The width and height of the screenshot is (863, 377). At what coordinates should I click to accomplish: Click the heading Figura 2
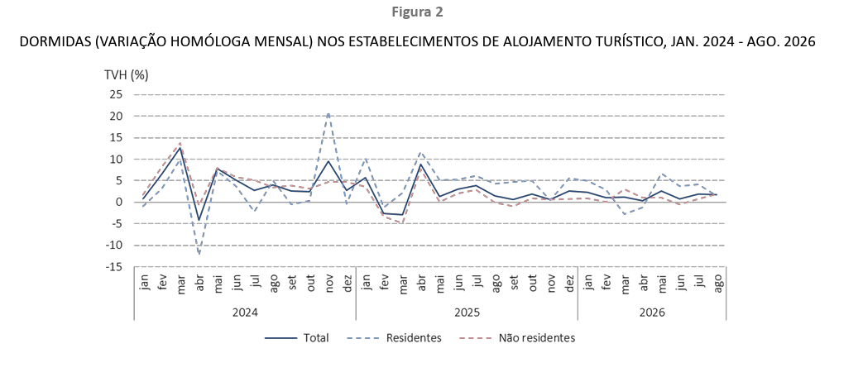tap(417, 12)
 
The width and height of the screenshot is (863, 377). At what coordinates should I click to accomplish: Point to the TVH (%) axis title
tap(127, 75)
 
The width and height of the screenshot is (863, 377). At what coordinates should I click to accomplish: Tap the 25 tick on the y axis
tap(116, 95)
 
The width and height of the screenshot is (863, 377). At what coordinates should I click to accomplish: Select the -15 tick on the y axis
tap(114, 267)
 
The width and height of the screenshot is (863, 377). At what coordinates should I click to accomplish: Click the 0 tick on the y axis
tap(119, 203)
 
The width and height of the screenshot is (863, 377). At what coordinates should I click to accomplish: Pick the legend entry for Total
tap(297, 338)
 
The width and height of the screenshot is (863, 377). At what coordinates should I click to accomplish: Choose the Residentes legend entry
tap(394, 338)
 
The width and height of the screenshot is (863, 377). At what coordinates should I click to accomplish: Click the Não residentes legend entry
tap(517, 338)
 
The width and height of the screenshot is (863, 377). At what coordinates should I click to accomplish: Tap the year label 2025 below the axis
tap(467, 313)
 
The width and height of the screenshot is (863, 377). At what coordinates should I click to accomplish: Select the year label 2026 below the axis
tap(652, 313)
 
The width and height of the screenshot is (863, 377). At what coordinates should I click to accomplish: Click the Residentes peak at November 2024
tap(328, 113)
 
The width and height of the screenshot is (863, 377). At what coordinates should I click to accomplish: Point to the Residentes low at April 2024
tap(199, 254)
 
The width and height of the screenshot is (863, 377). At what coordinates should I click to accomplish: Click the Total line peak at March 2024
tap(180, 148)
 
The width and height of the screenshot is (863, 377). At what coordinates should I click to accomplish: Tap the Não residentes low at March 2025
tap(403, 222)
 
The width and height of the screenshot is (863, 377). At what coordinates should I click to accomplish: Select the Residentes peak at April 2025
tap(421, 152)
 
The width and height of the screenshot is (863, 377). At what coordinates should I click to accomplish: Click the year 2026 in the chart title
tap(801, 42)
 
